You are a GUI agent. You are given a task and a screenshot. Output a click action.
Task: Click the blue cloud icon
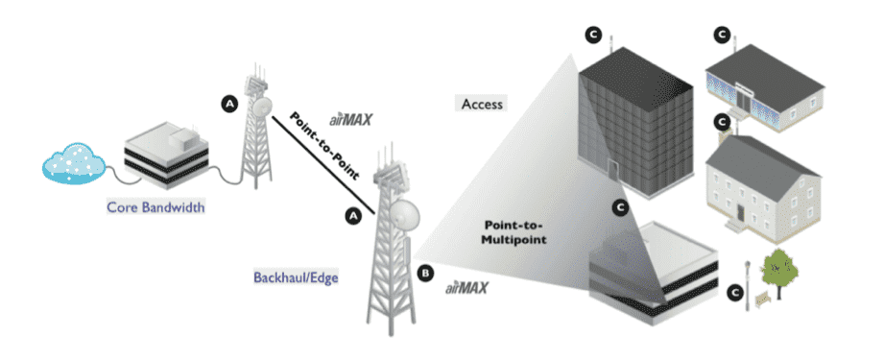[x=73, y=163]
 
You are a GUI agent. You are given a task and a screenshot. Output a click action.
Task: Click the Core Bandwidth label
[x=155, y=208]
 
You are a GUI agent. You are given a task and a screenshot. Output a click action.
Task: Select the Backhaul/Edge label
[x=296, y=278]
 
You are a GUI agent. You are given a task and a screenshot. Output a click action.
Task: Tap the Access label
[x=482, y=105]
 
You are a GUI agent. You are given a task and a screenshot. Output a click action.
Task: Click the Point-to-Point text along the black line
[x=324, y=146]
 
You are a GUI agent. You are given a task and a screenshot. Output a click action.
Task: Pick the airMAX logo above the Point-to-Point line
[x=350, y=120]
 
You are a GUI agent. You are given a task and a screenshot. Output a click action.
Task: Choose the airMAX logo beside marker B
[x=466, y=288]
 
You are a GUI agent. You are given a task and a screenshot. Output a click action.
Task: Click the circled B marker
[x=426, y=274]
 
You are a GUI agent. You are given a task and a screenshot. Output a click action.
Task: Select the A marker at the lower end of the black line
[x=353, y=215]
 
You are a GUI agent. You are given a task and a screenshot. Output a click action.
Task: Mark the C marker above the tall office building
[x=592, y=36]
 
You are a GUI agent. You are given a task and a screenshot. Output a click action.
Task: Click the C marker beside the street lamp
[x=733, y=291]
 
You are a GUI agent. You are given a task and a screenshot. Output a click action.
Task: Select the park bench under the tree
[x=762, y=300]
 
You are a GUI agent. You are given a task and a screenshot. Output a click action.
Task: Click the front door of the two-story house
[x=740, y=213]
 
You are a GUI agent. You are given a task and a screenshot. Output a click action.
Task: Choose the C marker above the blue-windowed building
[x=721, y=36]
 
